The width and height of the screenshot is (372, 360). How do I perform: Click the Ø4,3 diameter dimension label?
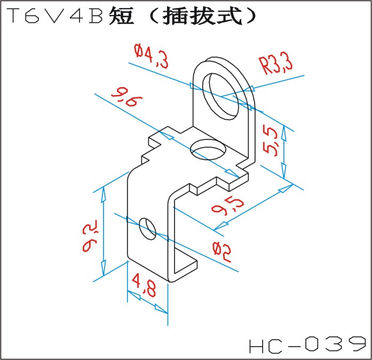152,57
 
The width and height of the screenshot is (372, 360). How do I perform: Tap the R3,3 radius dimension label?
276,66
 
